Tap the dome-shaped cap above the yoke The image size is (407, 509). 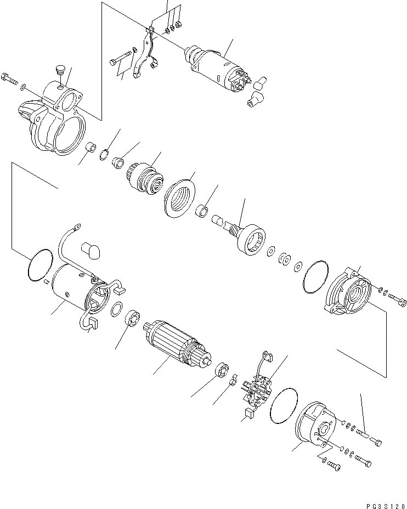91,250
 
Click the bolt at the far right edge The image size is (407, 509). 399,301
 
